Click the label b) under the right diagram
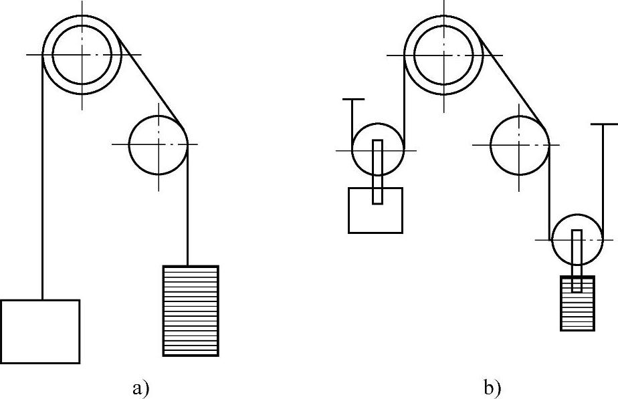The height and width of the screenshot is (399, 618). click(492, 388)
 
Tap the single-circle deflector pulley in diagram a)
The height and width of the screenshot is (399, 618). click(159, 144)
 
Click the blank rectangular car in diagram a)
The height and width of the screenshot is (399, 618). click(40, 331)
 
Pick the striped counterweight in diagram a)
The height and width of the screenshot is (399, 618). click(191, 311)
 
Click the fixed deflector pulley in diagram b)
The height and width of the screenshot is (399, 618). click(520, 144)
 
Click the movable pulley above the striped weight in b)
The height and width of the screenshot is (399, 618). click(577, 239)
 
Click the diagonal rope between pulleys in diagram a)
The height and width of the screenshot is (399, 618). click(150, 81)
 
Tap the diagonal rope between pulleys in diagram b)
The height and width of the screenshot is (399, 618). click(512, 81)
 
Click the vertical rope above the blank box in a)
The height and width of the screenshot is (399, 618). click(42, 201)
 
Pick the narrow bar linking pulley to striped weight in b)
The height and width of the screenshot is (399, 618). click(577, 261)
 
